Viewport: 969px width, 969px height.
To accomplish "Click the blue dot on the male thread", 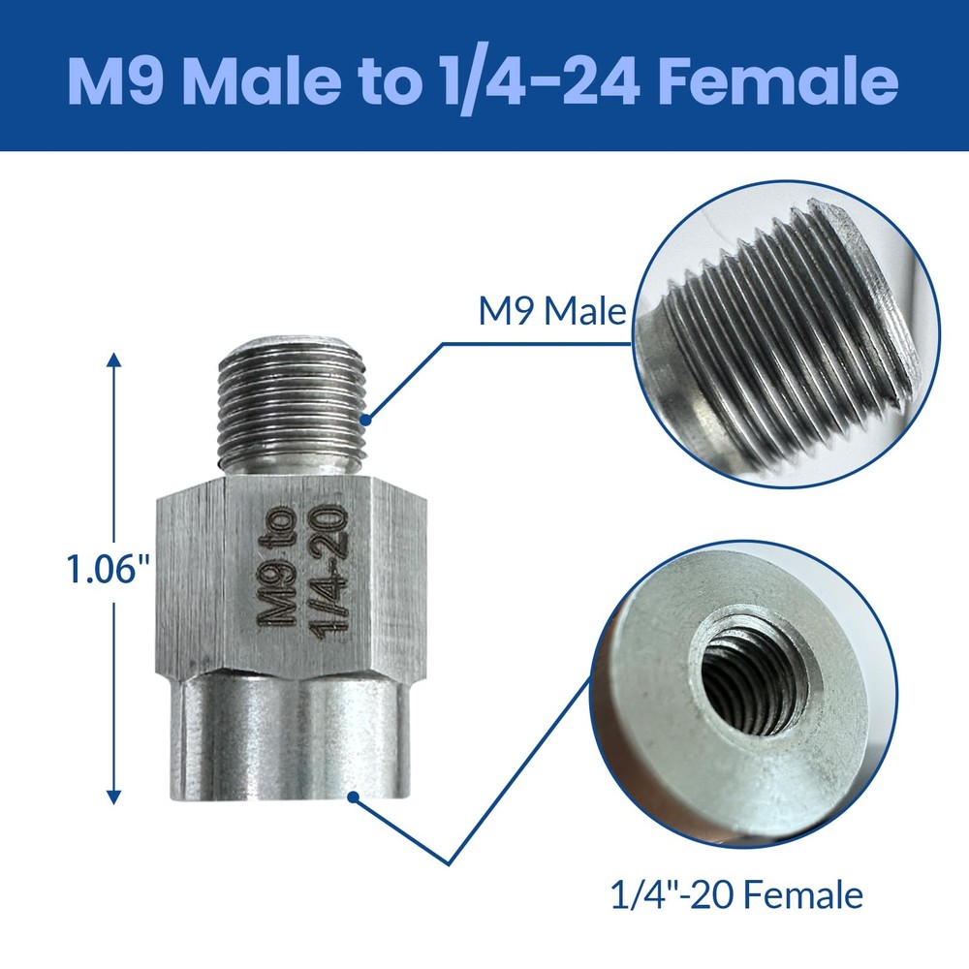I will [x=365, y=420].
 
